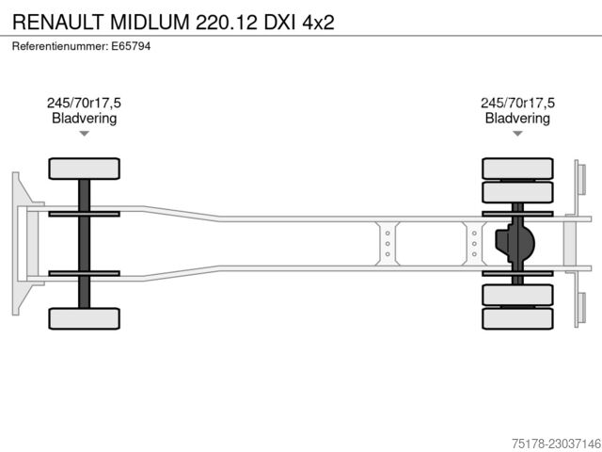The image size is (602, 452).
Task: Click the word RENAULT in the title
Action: point(58,22)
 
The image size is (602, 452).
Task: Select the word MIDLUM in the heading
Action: point(150,22)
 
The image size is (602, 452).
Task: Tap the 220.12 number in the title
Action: point(227,22)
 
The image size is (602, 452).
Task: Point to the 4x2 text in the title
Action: point(318,23)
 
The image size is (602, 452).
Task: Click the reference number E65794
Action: point(131,46)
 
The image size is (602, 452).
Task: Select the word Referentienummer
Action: point(60,46)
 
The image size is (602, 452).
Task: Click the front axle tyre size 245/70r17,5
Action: point(84,103)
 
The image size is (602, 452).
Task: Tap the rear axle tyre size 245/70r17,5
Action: point(517,103)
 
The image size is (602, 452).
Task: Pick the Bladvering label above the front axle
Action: point(84,119)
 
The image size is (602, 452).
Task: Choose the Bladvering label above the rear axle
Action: point(517,119)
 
